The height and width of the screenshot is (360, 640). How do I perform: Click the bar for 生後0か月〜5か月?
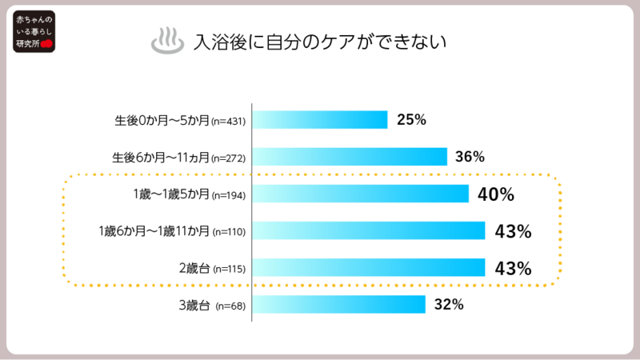click(x=320, y=120)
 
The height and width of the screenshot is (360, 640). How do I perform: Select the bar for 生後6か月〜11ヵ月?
click(x=350, y=157)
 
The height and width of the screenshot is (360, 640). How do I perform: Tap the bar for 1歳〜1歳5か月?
click(x=360, y=194)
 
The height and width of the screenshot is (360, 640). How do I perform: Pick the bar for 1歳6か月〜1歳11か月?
click(x=369, y=230)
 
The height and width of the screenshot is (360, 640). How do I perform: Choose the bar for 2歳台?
click(x=369, y=267)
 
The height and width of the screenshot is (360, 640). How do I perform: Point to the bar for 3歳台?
click(x=338, y=304)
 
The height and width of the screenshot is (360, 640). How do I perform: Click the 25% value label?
click(x=411, y=120)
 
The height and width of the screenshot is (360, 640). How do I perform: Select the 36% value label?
click(x=470, y=157)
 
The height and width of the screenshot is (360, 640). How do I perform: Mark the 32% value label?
click(x=449, y=304)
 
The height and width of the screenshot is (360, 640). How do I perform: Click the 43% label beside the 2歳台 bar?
click(x=514, y=268)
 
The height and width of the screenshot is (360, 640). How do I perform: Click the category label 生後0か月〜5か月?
click(x=162, y=121)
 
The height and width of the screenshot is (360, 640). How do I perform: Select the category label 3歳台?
click(x=195, y=305)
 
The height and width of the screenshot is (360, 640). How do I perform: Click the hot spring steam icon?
click(x=166, y=42)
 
